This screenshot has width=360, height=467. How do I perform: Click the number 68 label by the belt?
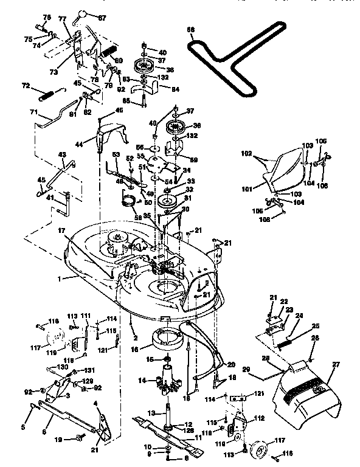[190, 29]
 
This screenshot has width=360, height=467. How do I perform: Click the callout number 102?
[246, 154]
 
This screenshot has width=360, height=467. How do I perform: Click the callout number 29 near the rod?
[246, 369]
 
